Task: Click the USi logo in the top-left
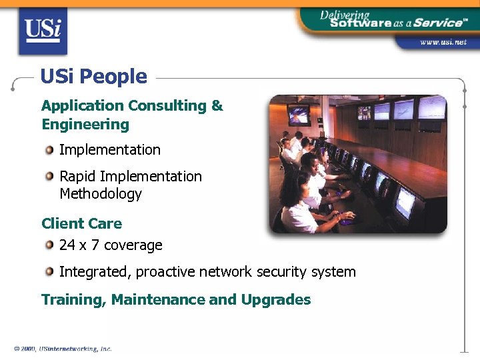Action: click(43, 31)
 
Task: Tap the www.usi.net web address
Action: click(443, 43)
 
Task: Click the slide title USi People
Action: click(93, 77)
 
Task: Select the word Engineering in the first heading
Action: click(85, 125)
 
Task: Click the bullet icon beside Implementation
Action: click(50, 150)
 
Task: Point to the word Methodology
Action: click(101, 194)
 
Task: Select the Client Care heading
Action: click(81, 223)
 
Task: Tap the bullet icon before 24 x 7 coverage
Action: click(50, 245)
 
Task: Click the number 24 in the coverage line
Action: click(67, 245)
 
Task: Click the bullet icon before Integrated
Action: click(50, 272)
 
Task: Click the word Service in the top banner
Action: click(436, 22)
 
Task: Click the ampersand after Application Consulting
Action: click(217, 106)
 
